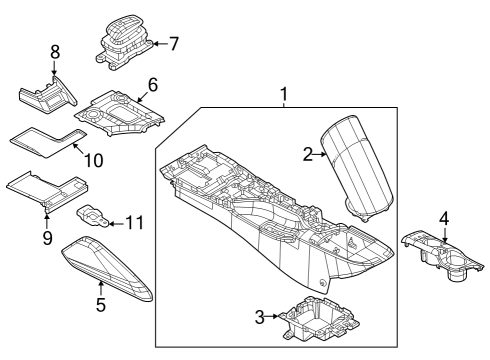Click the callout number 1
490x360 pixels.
284,95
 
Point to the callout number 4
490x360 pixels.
443,217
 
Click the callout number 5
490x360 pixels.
100,304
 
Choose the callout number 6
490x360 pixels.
153,87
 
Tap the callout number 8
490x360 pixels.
55,51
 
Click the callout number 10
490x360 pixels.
92,160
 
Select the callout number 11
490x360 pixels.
134,221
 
